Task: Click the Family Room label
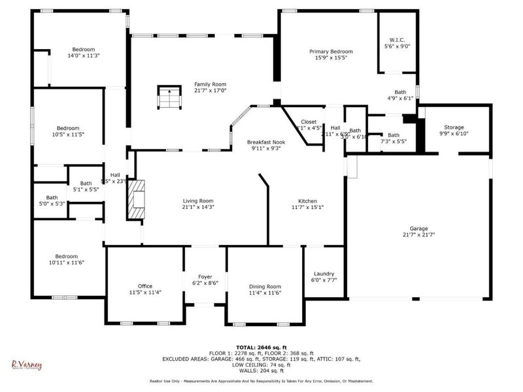tap(210, 84)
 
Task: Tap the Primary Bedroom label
tap(331, 52)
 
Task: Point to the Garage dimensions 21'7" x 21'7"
tap(418, 235)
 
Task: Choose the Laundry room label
tap(323, 274)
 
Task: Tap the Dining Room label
tap(265, 286)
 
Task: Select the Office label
tap(144, 286)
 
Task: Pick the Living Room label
tap(197, 201)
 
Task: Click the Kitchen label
tap(307, 201)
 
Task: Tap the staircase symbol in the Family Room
tap(169, 98)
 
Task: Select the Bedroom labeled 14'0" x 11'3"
tap(84, 50)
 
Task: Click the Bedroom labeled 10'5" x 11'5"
tap(68, 128)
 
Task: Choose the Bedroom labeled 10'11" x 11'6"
tap(67, 256)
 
